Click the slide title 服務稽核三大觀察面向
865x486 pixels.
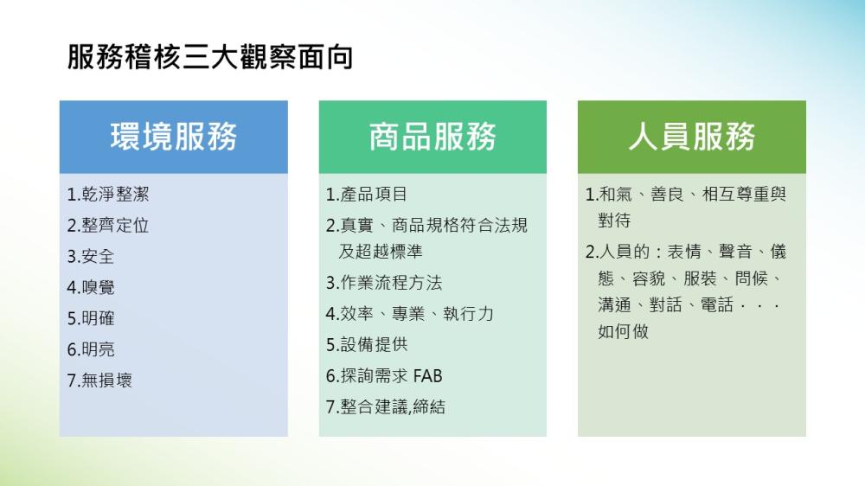coord(209,57)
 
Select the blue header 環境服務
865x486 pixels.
coord(174,137)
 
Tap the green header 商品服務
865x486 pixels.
coord(432,137)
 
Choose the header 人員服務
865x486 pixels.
coord(692,137)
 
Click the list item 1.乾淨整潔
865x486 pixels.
coord(108,195)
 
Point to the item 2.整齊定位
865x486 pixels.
coord(108,225)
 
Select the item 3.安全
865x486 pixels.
coord(91,257)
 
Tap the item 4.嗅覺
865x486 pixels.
coord(91,287)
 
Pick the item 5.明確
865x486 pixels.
coord(91,318)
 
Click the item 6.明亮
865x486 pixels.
coord(91,349)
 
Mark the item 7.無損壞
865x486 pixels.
coord(99,380)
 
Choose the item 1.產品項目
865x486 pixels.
coord(367,195)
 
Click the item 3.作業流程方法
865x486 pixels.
coord(384,283)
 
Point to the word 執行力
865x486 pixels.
coord(468,314)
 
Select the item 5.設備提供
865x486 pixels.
coord(367,345)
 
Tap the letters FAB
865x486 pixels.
coord(427,376)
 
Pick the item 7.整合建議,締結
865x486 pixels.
coord(386,407)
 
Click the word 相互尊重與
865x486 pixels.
coord(744,195)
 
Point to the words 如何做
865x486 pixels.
coord(624,331)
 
